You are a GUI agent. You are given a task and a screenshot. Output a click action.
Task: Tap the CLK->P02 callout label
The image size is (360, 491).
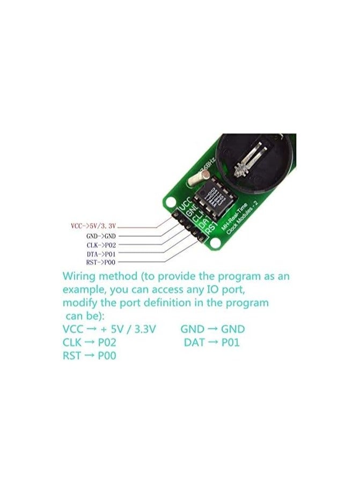pos(100,245)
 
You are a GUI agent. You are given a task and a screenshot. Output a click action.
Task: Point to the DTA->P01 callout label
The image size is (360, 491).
pos(100,253)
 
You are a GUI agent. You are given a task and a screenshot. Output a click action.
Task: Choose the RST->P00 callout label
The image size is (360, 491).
pos(100,262)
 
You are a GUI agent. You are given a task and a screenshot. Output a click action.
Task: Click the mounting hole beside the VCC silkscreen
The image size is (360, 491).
pos(171,203)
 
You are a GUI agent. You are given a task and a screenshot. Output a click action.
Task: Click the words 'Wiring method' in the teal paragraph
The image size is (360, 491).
pos(99,277)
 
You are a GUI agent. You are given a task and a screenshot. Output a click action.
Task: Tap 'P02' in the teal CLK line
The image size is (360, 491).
pos(105,342)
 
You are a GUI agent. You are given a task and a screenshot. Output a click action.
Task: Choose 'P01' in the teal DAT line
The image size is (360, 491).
pos(229,342)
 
